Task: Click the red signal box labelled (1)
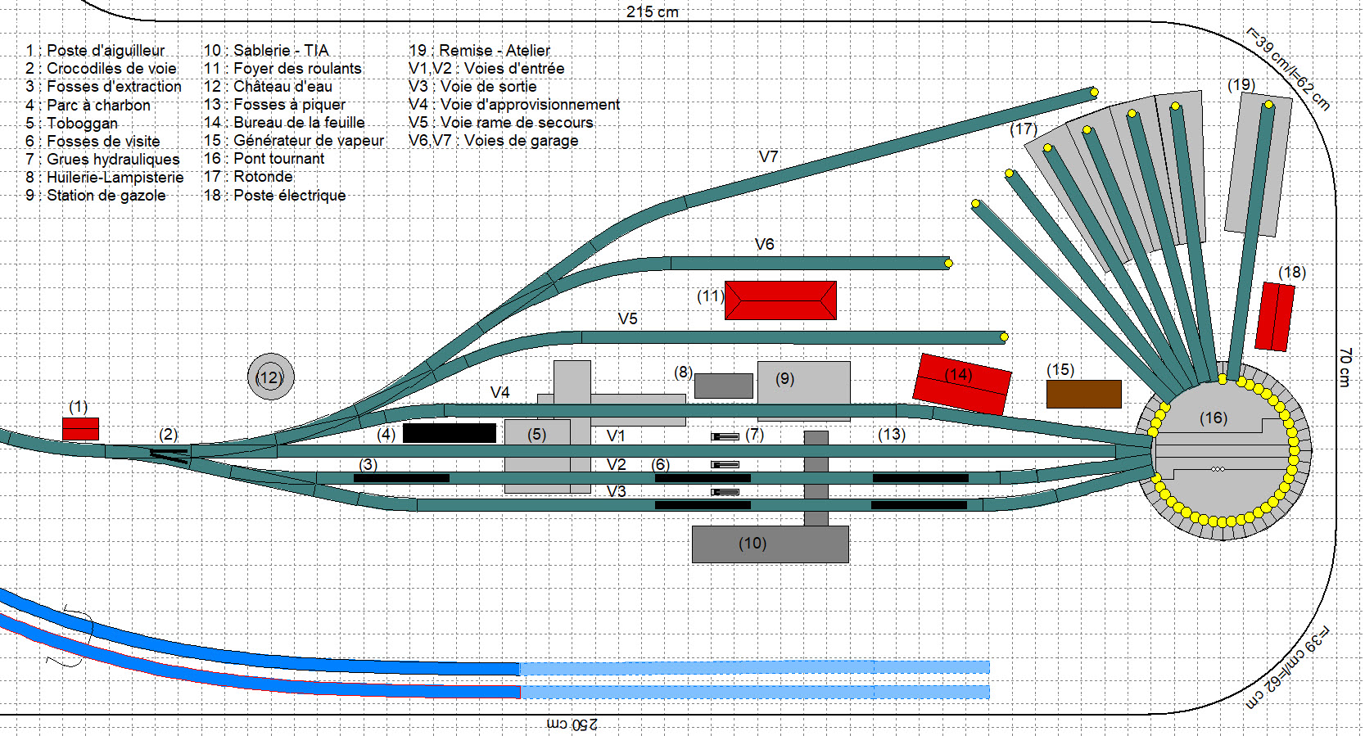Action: click(x=80, y=429)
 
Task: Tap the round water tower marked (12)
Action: click(x=270, y=377)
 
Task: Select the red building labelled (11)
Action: click(x=780, y=300)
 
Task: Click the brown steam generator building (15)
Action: click(x=1083, y=394)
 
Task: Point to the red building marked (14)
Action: click(x=962, y=383)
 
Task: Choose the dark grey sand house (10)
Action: click(x=770, y=544)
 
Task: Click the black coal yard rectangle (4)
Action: click(x=449, y=433)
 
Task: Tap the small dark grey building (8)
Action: click(x=723, y=386)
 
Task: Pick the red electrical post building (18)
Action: click(x=1274, y=317)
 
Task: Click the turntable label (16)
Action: click(x=1213, y=418)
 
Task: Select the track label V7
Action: click(x=768, y=156)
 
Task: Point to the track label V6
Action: click(x=764, y=244)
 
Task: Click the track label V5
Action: click(x=627, y=318)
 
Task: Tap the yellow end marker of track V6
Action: click(x=948, y=264)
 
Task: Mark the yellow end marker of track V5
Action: click(x=1004, y=336)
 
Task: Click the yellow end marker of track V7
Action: click(x=1094, y=92)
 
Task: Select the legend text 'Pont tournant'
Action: click(x=278, y=159)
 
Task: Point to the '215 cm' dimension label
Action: click(x=652, y=12)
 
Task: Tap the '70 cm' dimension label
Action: click(x=1345, y=367)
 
